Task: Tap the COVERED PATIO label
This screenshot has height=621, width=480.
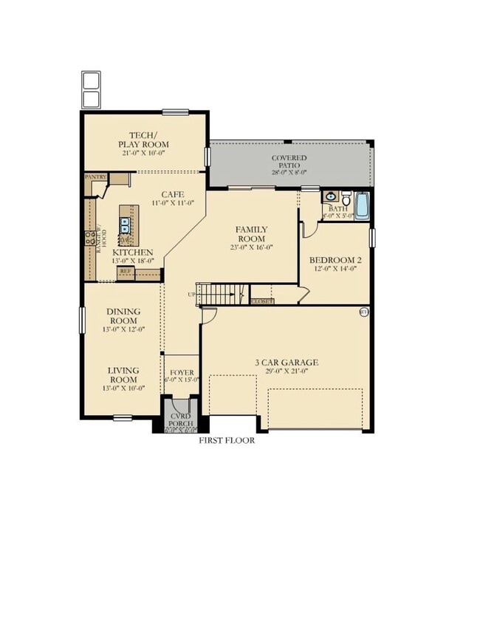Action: [x=289, y=158]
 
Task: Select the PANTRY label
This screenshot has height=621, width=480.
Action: [x=96, y=177]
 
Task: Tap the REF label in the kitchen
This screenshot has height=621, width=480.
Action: [x=126, y=272]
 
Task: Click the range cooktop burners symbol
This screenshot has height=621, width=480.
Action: [x=90, y=238]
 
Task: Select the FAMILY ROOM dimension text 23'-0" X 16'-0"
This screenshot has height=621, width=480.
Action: [x=252, y=247]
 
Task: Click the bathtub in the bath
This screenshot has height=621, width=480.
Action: [x=362, y=206]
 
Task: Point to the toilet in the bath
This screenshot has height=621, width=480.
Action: [x=346, y=199]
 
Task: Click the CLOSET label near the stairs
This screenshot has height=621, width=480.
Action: [x=261, y=301]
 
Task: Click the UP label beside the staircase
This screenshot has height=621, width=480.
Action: [x=193, y=294]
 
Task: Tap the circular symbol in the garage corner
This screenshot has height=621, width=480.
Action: [x=363, y=312]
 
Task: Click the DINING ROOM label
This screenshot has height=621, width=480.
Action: [x=124, y=317]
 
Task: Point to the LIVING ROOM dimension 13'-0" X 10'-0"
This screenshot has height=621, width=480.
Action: [x=124, y=388]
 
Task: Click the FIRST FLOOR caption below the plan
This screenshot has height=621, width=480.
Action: [x=227, y=440]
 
